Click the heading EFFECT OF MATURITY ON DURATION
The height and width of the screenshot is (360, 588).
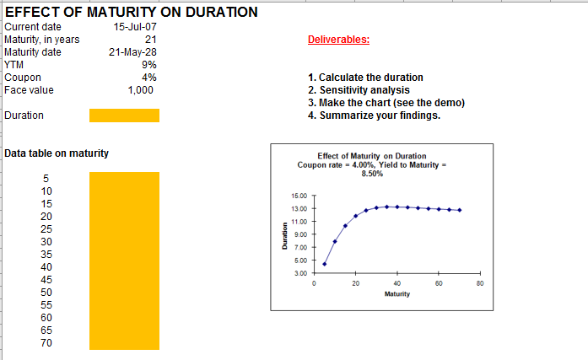[131, 13]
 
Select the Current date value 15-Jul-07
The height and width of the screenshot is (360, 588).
[135, 27]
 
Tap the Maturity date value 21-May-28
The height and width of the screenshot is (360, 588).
[133, 52]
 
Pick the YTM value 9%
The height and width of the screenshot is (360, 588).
[149, 65]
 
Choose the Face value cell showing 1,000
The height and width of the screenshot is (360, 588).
[141, 90]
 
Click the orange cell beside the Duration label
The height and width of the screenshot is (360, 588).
[123, 116]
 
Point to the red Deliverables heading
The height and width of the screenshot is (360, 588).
[338, 40]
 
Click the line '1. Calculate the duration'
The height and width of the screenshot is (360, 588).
[365, 78]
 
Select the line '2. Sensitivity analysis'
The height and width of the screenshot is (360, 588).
[359, 90]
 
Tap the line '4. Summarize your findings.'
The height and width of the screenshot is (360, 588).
[374, 116]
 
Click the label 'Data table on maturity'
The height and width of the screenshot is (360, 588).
[57, 153]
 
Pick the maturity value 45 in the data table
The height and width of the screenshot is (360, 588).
[47, 279]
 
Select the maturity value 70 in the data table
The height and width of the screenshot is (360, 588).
[47, 342]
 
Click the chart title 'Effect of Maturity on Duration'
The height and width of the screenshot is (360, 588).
[372, 156]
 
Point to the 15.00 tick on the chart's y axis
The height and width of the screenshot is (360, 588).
[299, 196]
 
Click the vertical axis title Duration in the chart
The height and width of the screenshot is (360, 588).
[284, 234]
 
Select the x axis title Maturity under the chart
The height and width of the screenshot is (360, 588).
[396, 293]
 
